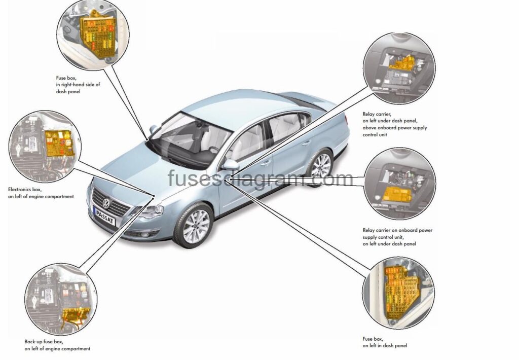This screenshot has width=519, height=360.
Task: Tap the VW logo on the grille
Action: [106, 203]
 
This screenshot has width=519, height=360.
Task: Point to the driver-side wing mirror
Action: [231, 165]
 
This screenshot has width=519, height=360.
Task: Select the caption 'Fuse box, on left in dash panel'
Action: [384, 342]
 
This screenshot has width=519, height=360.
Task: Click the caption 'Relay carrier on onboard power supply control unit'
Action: [397, 237]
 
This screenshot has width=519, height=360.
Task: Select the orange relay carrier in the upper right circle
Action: [405, 64]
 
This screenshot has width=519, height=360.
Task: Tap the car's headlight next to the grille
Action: [151, 210]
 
